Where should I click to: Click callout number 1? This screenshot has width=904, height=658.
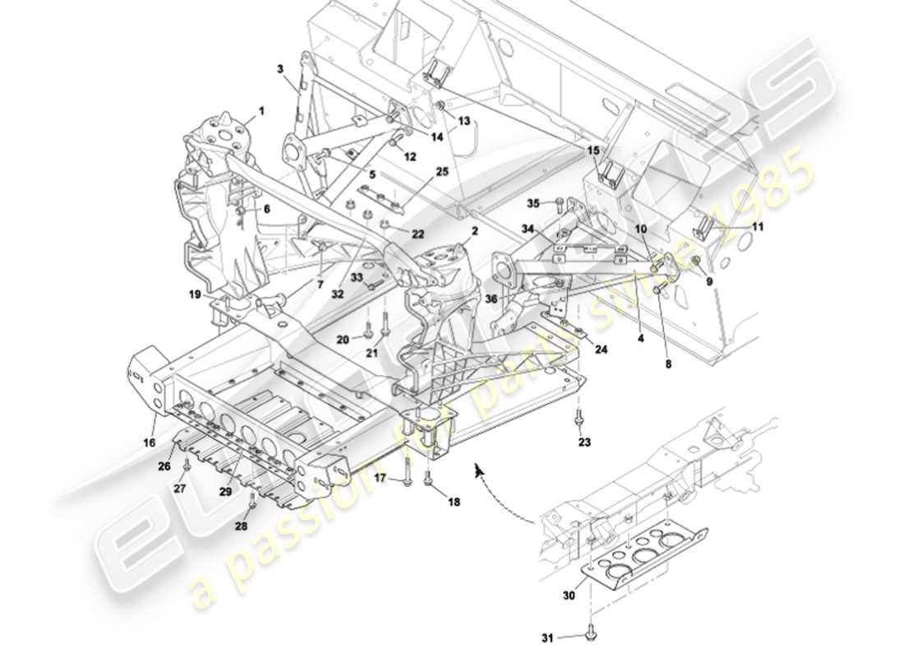262,109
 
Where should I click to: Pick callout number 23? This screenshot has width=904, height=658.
584,443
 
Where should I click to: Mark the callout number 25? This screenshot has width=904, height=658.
443,172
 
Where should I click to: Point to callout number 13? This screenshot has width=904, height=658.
465,120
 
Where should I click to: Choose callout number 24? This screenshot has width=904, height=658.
602,349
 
